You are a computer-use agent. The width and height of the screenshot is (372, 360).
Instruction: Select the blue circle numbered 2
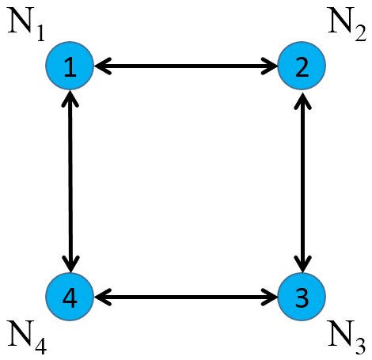[x=301, y=67]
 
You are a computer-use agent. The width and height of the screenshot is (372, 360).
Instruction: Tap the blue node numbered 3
[x=301, y=297]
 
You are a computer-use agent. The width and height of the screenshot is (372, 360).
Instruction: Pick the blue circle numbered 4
[x=70, y=297]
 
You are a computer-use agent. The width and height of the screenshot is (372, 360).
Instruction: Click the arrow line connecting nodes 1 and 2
[x=185, y=67]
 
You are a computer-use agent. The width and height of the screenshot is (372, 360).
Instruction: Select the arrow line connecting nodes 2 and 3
[x=302, y=182]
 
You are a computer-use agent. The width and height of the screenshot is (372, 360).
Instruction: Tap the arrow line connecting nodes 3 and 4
[x=185, y=297]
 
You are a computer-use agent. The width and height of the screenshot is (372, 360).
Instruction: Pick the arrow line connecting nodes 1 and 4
[x=71, y=182]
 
